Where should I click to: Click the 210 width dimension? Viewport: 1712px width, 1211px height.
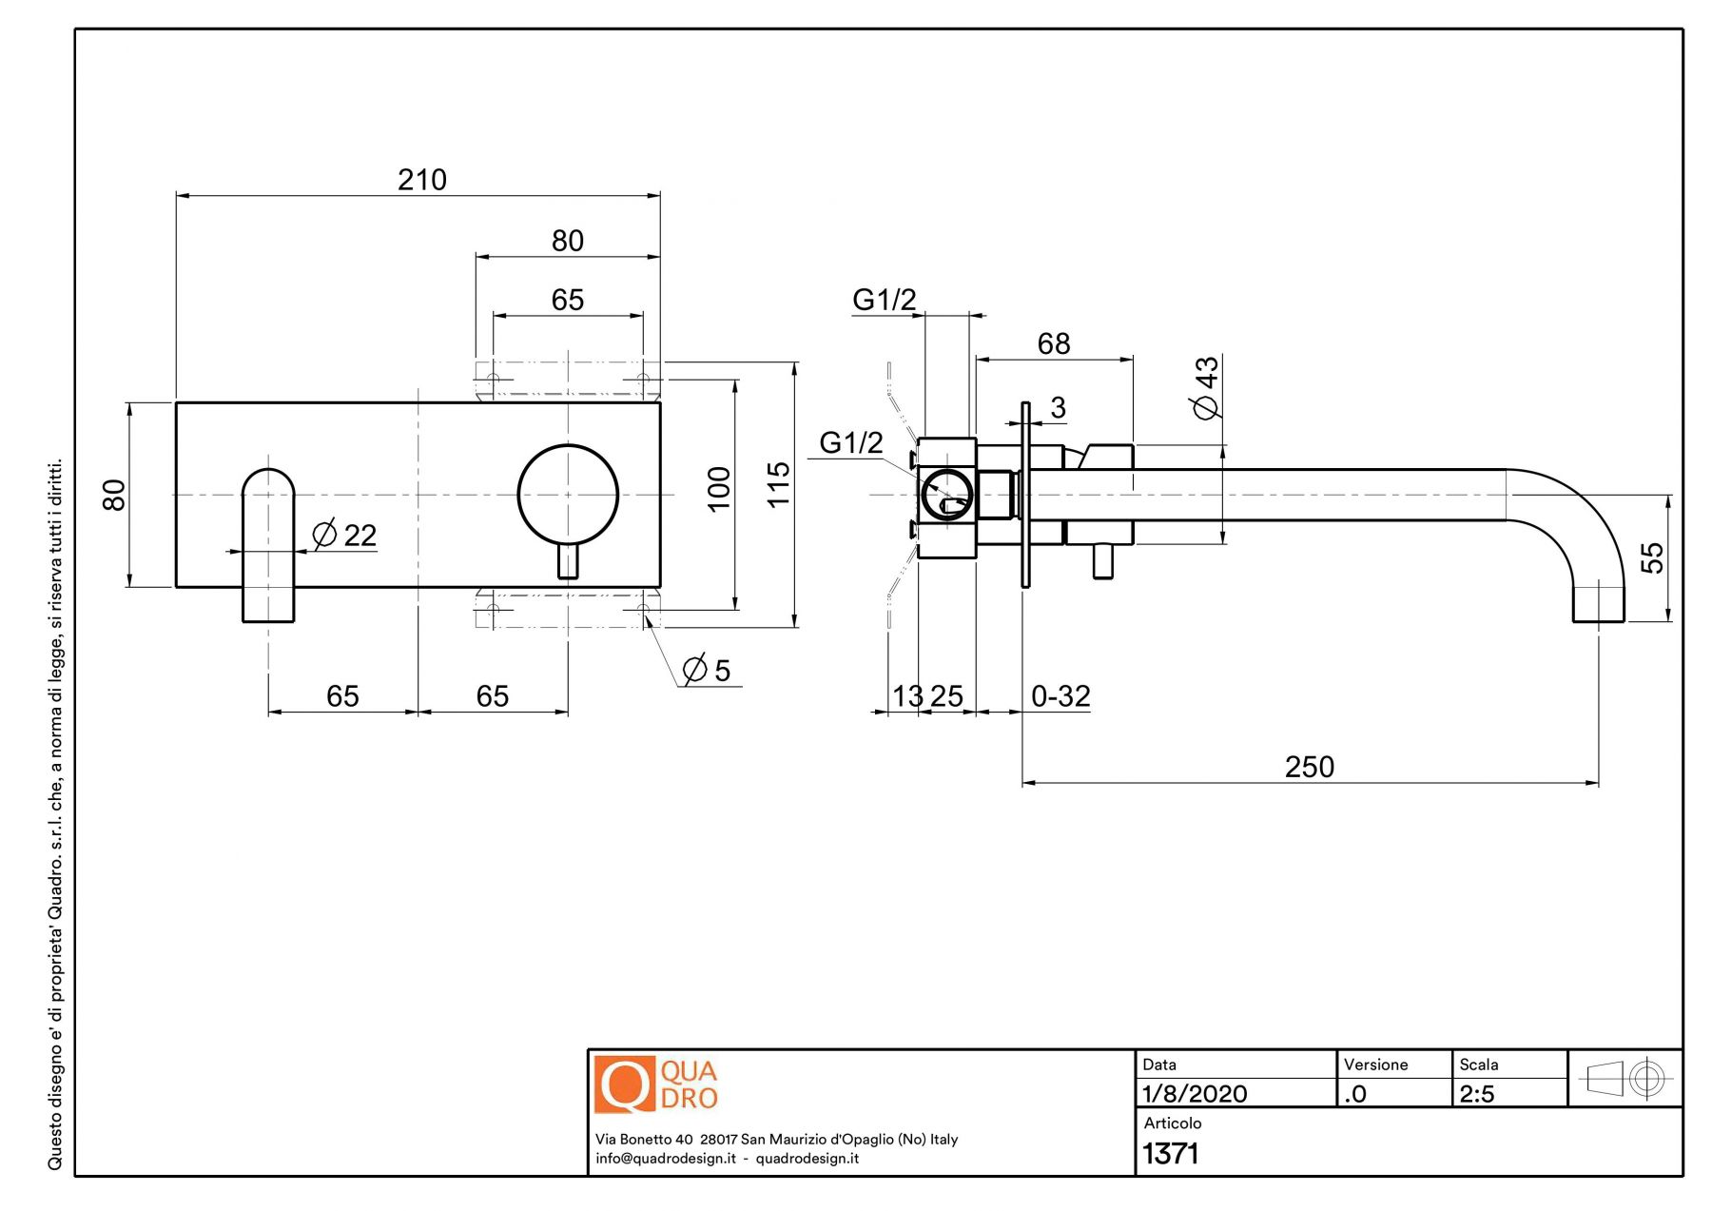click(x=421, y=180)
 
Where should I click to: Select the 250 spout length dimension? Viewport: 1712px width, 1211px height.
click(x=1309, y=767)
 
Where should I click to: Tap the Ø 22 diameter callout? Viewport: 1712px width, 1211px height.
click(x=344, y=536)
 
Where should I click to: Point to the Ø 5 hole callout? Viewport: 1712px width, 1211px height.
click(x=707, y=671)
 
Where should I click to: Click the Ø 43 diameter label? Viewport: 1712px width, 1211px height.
click(x=1206, y=387)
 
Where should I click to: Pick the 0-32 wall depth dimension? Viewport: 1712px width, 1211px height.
click(x=1060, y=696)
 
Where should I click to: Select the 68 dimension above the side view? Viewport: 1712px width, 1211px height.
click(x=1054, y=343)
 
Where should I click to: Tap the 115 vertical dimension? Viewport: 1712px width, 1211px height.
click(x=778, y=485)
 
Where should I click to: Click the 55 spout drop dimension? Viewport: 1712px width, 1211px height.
click(x=1653, y=557)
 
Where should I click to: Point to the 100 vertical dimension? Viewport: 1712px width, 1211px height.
click(x=719, y=489)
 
